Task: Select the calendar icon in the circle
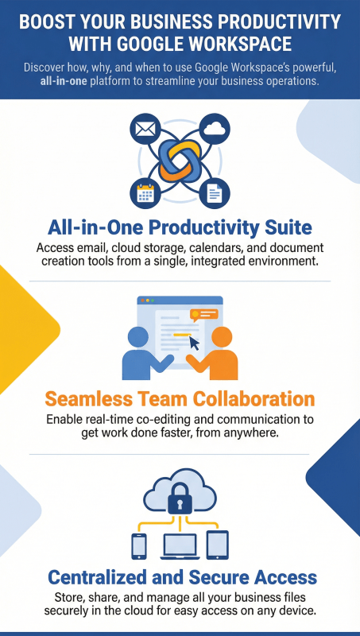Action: [x=145, y=192]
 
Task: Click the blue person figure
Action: [x=145, y=355]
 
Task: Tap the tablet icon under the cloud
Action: [x=217, y=545]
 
